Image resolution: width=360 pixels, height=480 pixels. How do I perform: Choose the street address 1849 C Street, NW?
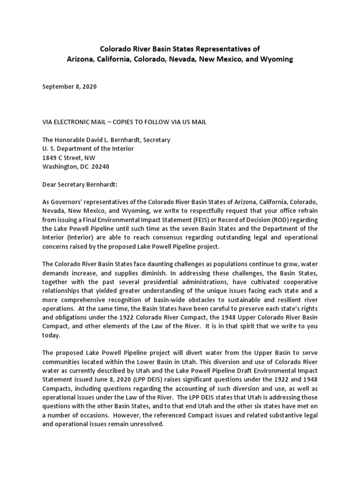[x=68, y=157]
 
